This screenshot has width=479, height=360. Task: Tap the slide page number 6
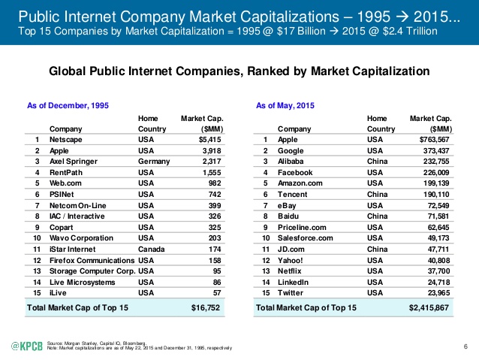[x=466, y=345]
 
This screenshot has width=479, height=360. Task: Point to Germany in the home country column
[x=155, y=162]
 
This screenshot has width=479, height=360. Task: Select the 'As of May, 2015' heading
[x=285, y=106]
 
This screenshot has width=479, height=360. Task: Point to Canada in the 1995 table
[x=153, y=247]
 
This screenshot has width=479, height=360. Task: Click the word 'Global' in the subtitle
[x=68, y=71]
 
